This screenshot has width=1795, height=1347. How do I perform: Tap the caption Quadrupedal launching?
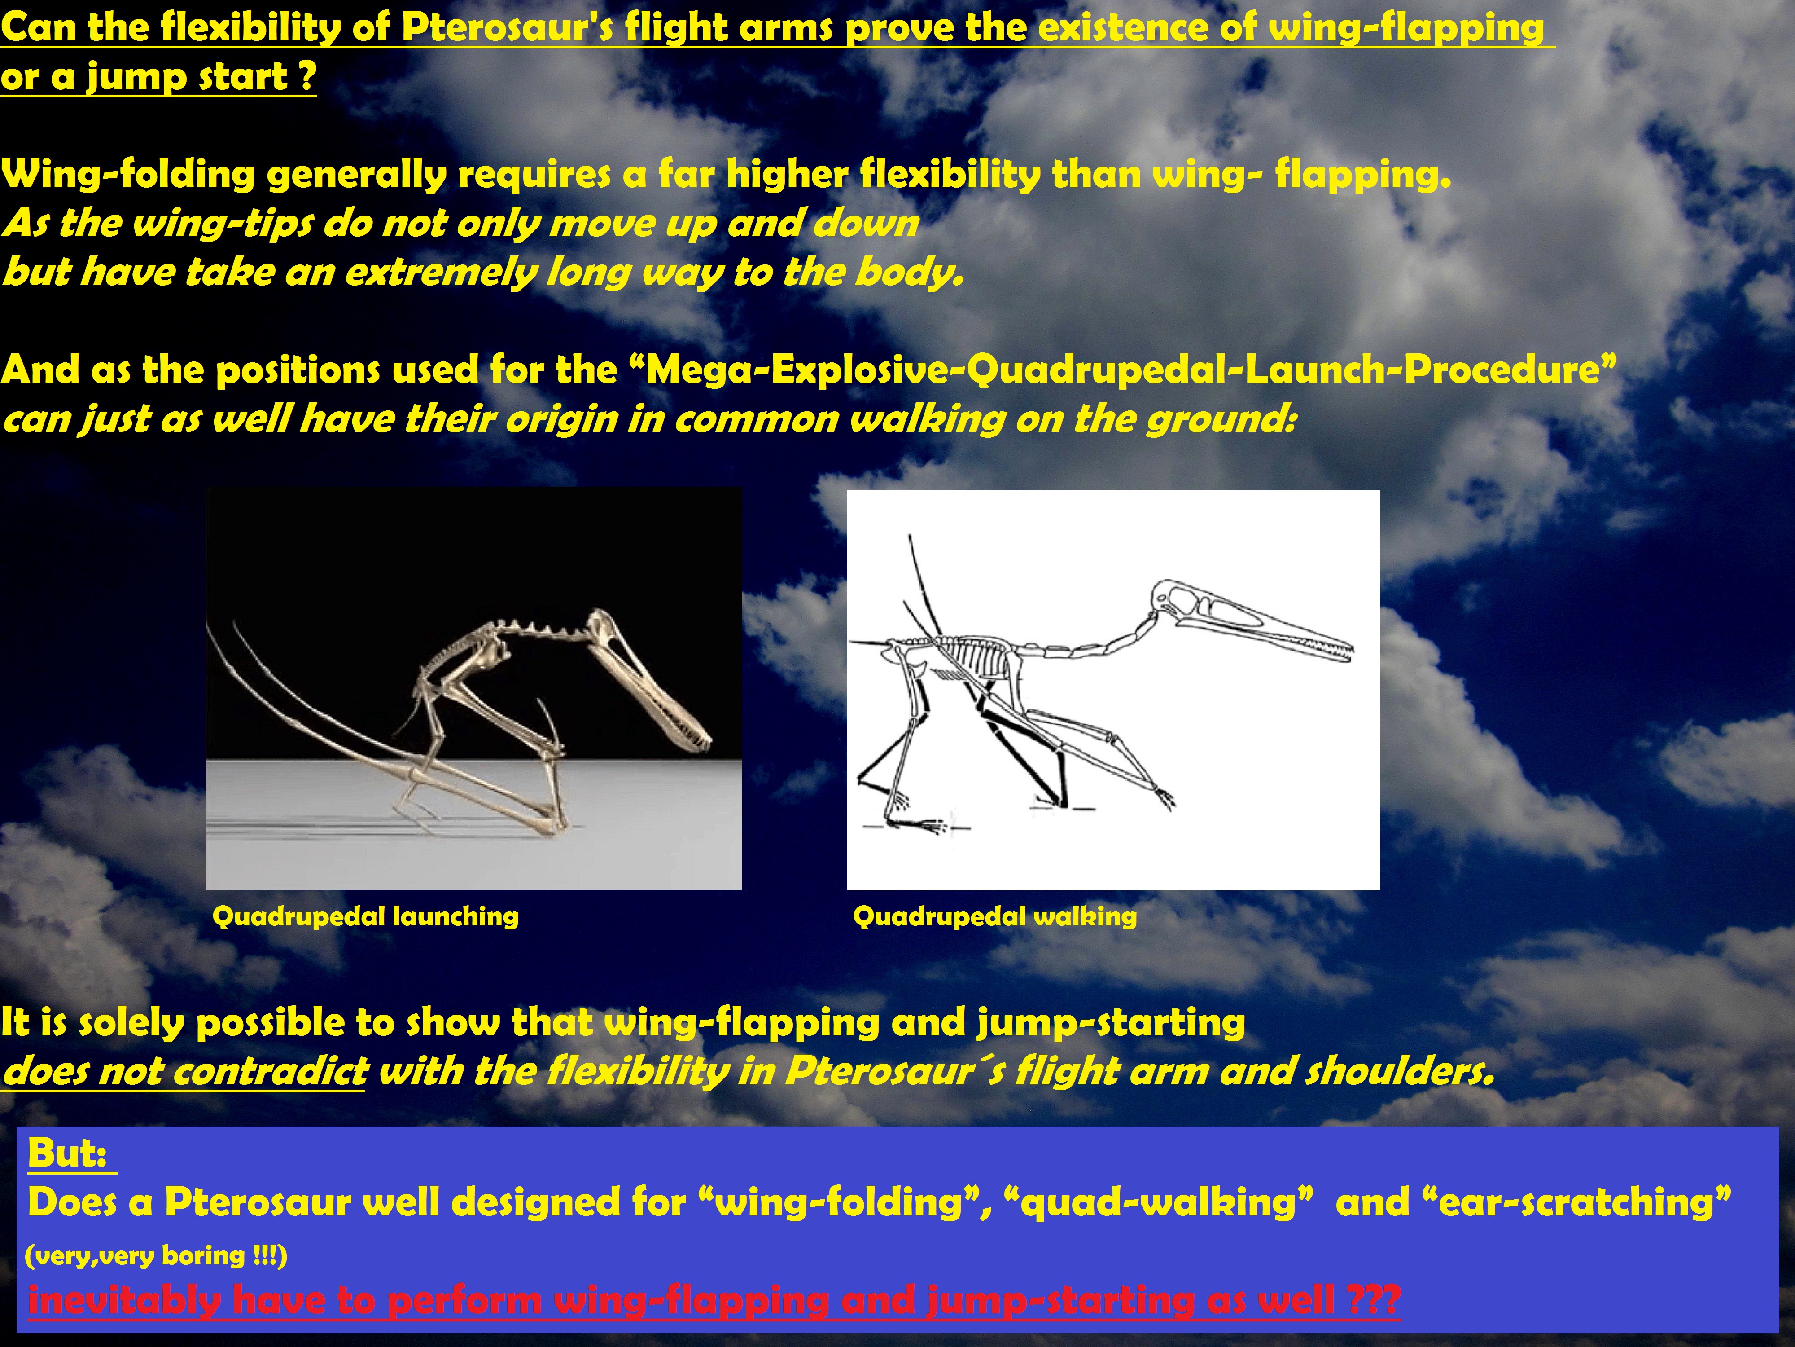tap(365, 917)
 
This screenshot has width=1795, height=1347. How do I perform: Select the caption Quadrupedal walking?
tap(995, 917)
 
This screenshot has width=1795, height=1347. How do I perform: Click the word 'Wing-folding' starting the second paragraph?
tap(128, 175)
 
